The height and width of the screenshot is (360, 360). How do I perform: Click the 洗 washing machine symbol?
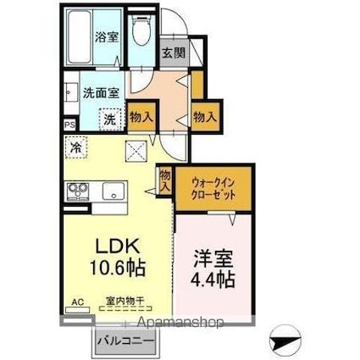pos(109,119)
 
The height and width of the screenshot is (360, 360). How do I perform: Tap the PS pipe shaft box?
pos(69,123)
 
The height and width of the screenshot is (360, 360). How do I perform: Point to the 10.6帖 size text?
pos(117,269)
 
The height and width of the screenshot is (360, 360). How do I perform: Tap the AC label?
pos(78,301)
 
